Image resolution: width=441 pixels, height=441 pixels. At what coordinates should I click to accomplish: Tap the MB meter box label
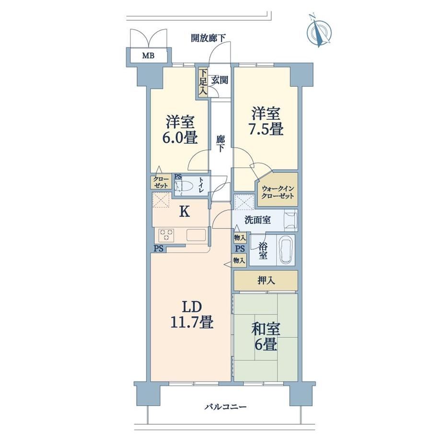point(148,56)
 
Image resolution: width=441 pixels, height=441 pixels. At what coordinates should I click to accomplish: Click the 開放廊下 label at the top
point(208,38)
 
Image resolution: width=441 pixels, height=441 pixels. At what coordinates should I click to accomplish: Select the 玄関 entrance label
point(220,81)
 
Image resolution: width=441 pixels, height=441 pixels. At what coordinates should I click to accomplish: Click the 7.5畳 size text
point(266,130)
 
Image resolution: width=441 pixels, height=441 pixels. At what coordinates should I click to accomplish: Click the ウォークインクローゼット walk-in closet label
point(278,192)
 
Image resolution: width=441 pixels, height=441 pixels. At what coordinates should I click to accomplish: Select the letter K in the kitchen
point(185,211)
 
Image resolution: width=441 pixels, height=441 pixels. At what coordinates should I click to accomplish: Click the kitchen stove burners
point(166,235)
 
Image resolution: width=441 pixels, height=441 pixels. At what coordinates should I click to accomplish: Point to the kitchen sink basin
point(196,235)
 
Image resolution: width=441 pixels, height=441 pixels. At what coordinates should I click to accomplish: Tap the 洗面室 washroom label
point(257,220)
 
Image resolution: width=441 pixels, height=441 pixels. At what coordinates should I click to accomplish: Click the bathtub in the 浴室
point(286,250)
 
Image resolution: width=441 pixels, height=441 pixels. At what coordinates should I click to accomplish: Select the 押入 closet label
point(266,280)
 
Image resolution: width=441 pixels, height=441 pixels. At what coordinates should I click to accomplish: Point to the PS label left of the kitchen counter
point(159,249)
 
